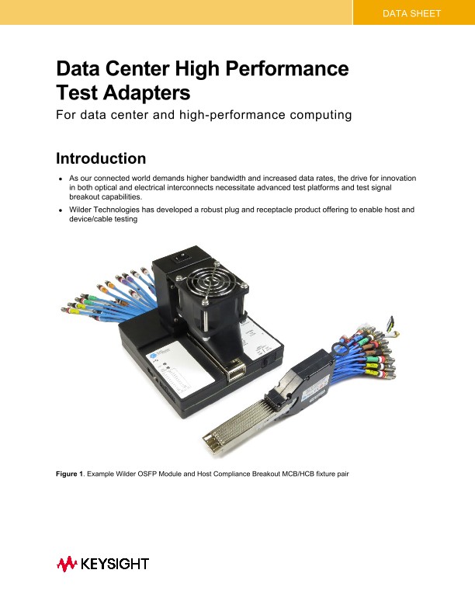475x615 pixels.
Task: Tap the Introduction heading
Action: coord(101,158)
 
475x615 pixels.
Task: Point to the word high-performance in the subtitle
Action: coord(236,116)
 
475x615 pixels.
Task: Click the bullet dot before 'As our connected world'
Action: coord(60,179)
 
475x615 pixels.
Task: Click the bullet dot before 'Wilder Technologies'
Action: coord(60,210)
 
